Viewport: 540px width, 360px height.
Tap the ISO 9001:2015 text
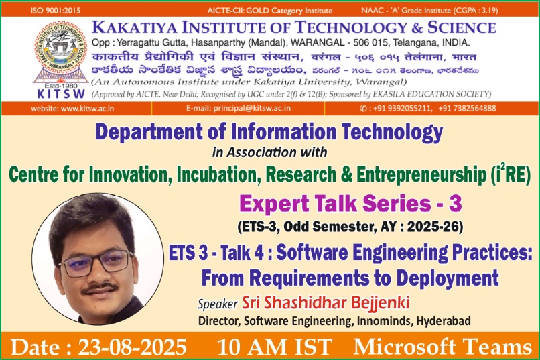click(56, 10)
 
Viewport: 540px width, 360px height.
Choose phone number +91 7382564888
click(468, 109)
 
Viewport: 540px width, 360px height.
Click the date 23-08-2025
click(133, 347)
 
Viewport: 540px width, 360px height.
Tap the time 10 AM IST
click(275, 347)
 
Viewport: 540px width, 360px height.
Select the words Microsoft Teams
click(443, 347)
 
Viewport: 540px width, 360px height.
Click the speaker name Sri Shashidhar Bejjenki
click(326, 303)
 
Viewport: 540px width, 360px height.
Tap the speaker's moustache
click(100, 289)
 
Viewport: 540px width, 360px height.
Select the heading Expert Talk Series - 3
click(350, 203)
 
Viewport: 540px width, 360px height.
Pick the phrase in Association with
click(269, 152)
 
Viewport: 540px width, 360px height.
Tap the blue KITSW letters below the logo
click(61, 94)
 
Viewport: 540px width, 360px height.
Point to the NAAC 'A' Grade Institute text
click(429, 11)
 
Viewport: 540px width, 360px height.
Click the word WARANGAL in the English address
click(317, 43)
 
